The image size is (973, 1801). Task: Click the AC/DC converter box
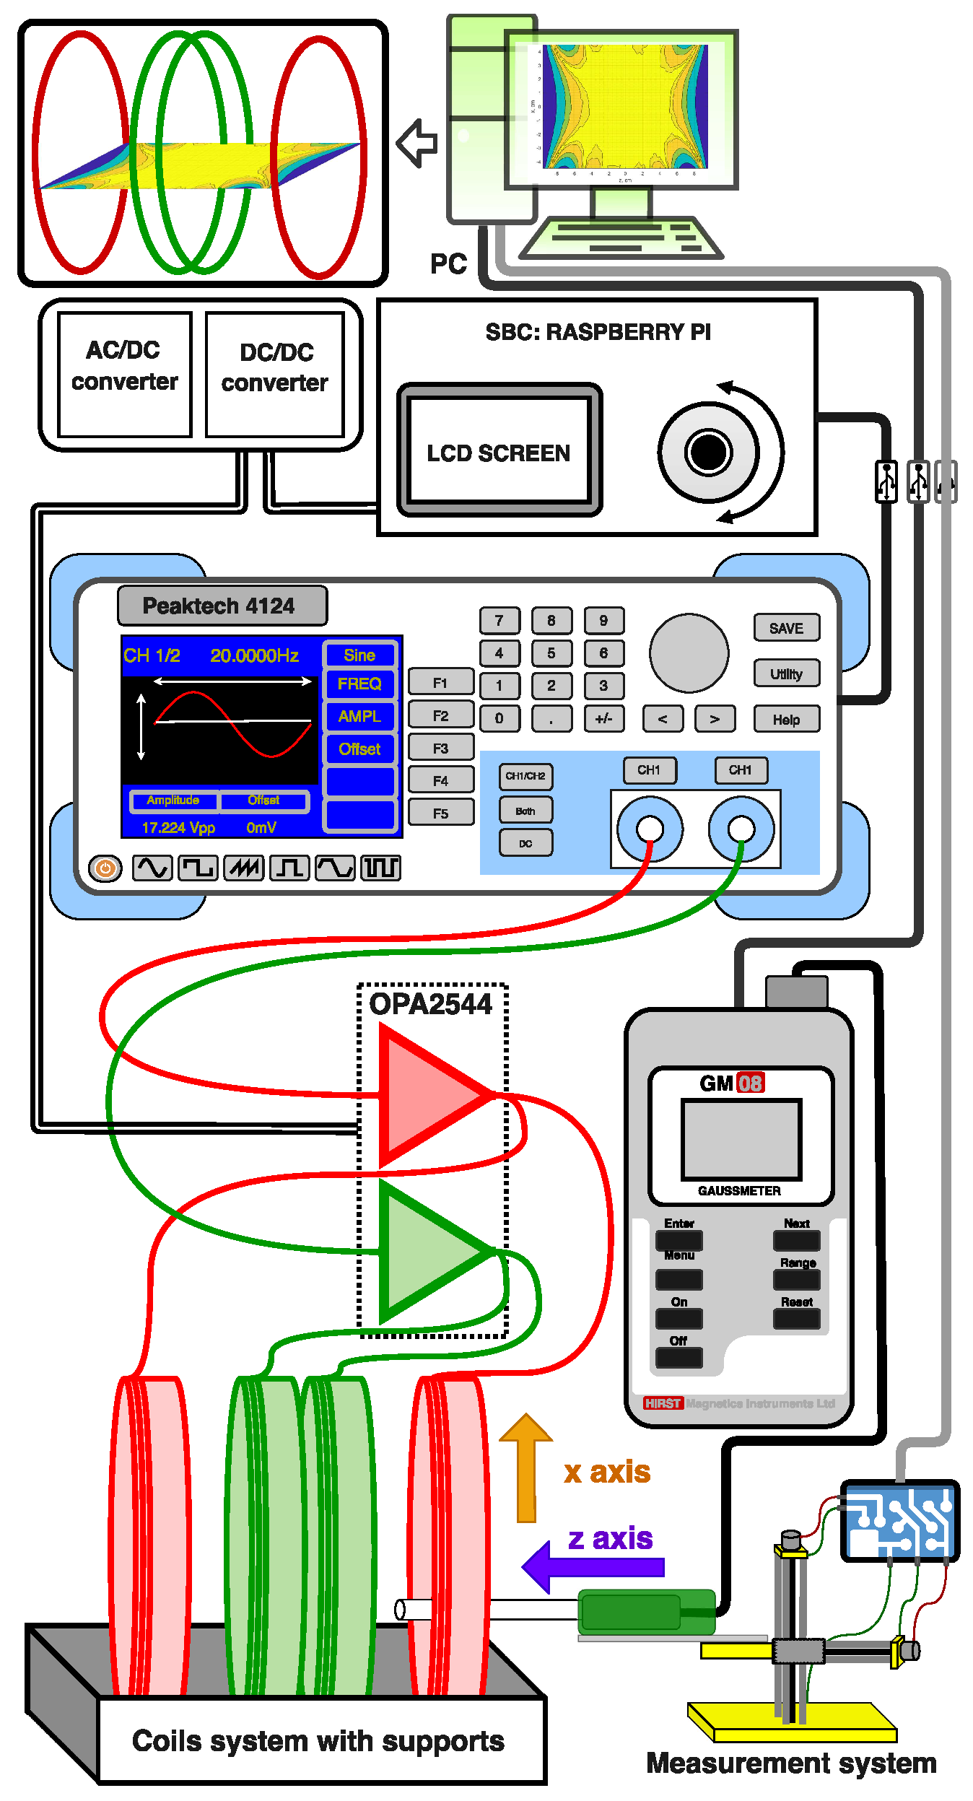coord(124,374)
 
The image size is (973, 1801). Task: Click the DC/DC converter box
coord(274,374)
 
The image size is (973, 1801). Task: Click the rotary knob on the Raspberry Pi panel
coord(708,452)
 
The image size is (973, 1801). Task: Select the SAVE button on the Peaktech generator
coord(786,628)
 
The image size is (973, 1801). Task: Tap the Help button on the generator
coord(786,720)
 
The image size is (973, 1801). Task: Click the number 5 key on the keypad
coord(551,653)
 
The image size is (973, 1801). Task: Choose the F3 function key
coord(440,749)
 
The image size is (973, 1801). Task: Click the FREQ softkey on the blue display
coord(359,684)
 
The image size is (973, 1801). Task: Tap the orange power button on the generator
coord(105,868)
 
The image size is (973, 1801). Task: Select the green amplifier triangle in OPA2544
coord(426,1250)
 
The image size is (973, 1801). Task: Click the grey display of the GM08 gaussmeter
coord(741,1139)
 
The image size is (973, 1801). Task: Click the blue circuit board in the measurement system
coord(899,1519)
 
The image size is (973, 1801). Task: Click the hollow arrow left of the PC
coord(418,143)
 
